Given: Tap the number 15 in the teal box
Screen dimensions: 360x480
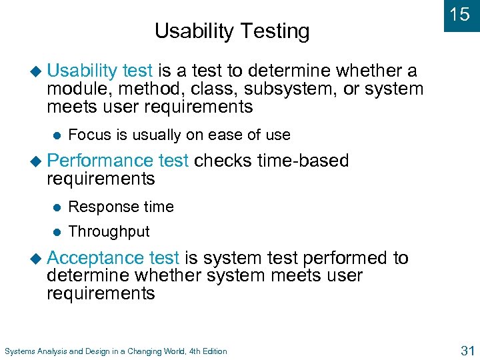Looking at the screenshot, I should [460, 15].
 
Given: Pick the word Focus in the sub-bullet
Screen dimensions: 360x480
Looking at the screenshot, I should [90, 135].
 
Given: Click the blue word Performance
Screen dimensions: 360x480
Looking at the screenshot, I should [100, 161].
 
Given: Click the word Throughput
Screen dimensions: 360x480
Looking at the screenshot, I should [109, 232].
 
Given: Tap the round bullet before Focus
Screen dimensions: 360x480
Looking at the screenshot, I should [57, 135].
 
